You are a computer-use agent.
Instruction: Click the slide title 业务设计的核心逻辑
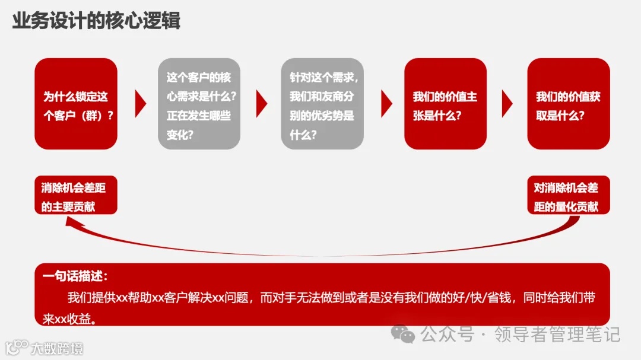[x=96, y=21]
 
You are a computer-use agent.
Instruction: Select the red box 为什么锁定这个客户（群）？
[x=76, y=104]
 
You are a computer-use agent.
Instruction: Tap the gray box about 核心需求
[x=199, y=104]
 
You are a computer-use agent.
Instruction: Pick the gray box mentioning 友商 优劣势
[x=322, y=104]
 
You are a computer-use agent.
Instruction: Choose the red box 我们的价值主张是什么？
[x=445, y=104]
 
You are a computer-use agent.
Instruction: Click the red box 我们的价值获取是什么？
[x=568, y=104]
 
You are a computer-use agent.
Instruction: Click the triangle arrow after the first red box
[x=140, y=104]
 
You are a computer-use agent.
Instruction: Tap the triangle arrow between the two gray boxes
[x=261, y=104]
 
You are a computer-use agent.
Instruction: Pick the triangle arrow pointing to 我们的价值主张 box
[x=386, y=104]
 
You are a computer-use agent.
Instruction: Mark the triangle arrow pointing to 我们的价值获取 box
[x=507, y=104]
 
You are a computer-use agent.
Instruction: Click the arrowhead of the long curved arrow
[x=72, y=222]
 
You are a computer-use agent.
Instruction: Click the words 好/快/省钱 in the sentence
[x=485, y=298]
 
